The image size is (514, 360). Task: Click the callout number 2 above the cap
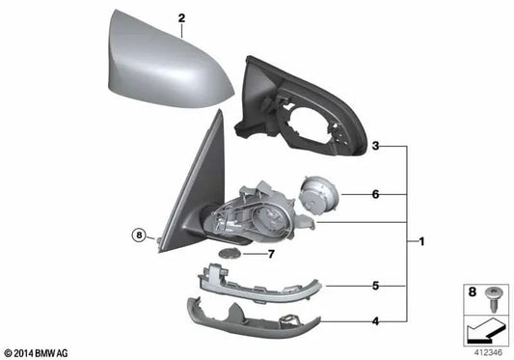180,17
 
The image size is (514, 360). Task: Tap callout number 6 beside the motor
376,194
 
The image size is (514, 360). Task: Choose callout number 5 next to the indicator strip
376,286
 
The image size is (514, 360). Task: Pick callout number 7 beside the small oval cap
271,254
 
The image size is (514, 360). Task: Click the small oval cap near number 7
230,253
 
